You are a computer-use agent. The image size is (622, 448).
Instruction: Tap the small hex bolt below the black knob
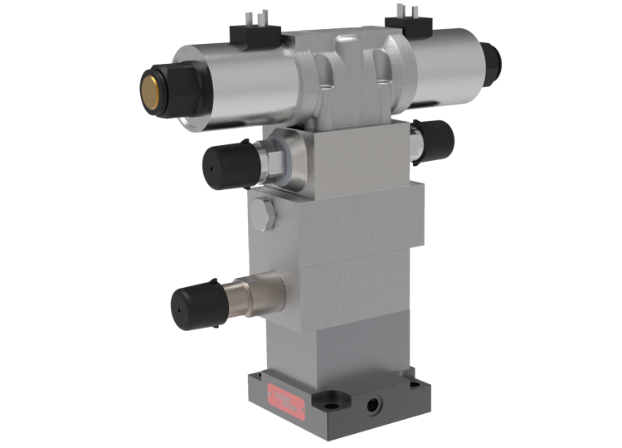coord(263,214)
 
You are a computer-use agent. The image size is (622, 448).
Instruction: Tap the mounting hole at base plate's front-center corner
coord(333,407)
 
